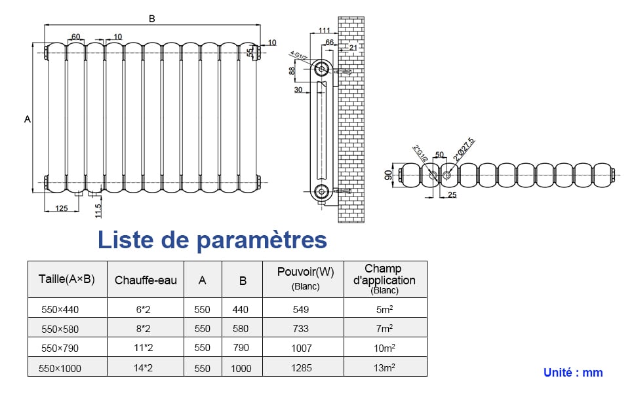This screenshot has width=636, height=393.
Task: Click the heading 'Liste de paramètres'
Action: click(212, 240)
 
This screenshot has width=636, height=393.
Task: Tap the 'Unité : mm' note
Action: click(572, 373)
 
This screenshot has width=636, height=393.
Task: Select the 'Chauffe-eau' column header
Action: click(146, 280)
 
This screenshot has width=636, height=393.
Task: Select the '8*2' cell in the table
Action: click(142, 329)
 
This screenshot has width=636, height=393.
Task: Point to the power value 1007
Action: click(302, 348)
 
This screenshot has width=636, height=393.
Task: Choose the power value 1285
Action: click(302, 368)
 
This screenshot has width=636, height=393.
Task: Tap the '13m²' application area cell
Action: click(384, 368)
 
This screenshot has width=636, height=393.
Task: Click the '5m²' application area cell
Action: click(384, 309)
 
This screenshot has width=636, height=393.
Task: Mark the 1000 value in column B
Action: click(241, 369)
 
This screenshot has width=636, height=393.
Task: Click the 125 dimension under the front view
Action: click(62, 208)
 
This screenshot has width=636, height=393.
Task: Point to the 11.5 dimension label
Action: click(98, 210)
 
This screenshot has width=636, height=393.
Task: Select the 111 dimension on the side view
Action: click(324, 31)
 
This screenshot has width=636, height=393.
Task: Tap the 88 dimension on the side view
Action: click(292, 71)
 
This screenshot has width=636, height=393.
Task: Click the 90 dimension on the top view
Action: click(388, 175)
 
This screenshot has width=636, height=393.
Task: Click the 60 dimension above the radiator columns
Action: click(75, 37)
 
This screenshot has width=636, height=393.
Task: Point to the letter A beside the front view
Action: click(27, 119)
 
